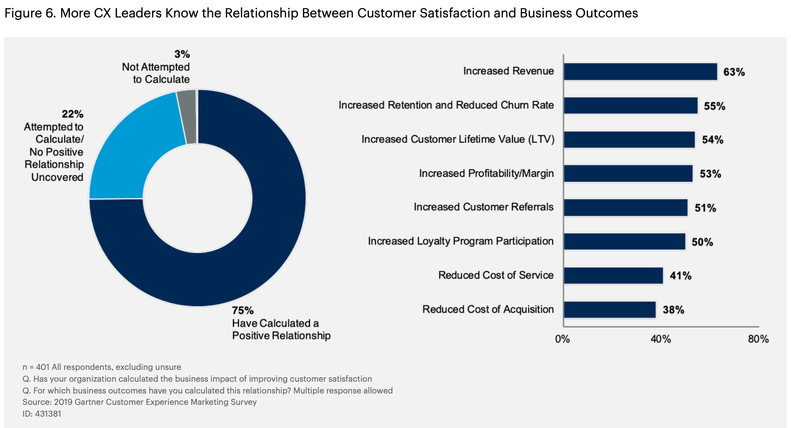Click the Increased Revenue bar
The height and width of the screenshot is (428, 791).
pos(640,72)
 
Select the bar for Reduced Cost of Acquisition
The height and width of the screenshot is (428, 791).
pos(609,310)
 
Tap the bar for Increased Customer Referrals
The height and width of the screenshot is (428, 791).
pos(625,208)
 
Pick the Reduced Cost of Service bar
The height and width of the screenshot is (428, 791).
pos(613,276)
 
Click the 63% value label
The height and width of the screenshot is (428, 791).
pos(734,72)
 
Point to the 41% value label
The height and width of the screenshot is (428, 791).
pos(681,276)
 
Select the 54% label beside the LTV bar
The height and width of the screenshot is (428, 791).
pos(712,140)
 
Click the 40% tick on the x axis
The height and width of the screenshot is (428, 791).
pos(660,339)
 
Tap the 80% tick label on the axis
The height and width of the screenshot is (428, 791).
pos(758,339)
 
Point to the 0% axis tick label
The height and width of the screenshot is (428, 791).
pos(562,339)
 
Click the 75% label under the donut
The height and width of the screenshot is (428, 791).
pos(243,311)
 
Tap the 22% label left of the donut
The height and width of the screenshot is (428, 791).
pos(72,114)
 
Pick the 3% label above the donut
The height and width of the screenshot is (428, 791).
pos(182,54)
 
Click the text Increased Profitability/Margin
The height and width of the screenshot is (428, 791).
pos(486,173)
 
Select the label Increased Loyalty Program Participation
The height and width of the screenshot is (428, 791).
pos(461,241)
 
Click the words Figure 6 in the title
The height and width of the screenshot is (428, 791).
pos(29,13)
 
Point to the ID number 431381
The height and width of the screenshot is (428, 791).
pos(48,414)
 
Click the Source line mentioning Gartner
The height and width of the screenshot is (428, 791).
pos(140,402)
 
